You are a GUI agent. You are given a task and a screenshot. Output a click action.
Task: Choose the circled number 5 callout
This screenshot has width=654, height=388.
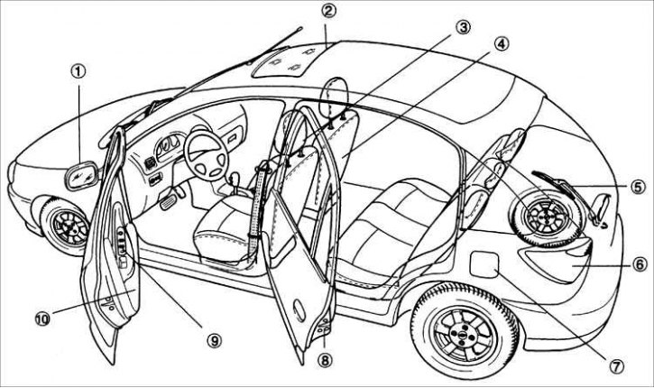point(636,188)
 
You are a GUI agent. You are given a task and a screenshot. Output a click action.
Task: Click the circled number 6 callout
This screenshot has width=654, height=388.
point(636,265)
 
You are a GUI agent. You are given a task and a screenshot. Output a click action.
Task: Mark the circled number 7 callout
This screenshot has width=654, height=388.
point(617,366)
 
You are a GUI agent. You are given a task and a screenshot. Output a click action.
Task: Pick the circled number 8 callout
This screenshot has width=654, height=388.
point(326,361)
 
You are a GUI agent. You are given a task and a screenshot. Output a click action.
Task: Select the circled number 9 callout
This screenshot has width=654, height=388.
point(214,339)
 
